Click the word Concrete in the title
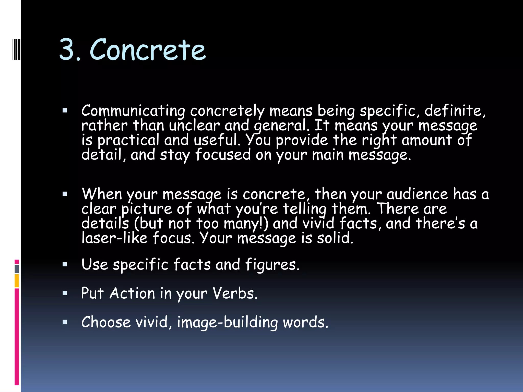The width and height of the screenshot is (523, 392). coord(148,50)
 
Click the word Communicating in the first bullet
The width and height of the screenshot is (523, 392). coord(133,111)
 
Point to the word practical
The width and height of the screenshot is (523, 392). coord(128,141)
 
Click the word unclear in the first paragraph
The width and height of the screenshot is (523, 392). coord(194,126)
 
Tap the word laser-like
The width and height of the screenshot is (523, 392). coord(114,238)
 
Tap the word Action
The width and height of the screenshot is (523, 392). coord(132,293)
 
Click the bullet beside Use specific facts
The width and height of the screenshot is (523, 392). coord(65,264)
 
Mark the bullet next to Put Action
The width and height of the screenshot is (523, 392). coord(65,293)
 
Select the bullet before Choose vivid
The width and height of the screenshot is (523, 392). coord(65,322)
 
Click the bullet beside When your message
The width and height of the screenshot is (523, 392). coord(65,194)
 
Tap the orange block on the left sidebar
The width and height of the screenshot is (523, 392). coord(17,281)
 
